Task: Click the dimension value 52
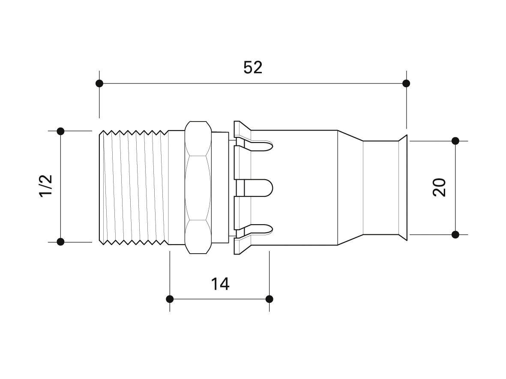tap(253, 68)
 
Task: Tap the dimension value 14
tap(220, 284)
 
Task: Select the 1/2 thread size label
tap(46, 186)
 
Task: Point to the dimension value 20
tap(439, 187)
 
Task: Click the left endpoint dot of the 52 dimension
tap(99, 83)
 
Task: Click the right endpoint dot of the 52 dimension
tap(406, 83)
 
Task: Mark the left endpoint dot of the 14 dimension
tap(170, 299)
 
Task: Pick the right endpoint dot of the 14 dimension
tap(269, 299)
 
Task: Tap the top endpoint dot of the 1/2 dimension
tap(60, 131)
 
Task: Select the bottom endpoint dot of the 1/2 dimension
tap(60, 242)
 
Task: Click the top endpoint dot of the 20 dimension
tap(455, 141)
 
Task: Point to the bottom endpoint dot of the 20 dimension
tap(455, 234)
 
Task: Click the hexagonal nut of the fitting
tap(198, 188)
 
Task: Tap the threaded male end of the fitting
tap(134, 187)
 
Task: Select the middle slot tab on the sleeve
tap(255, 188)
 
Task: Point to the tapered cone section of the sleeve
tap(350, 187)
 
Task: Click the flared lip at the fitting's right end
tap(403, 187)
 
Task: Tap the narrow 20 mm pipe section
tap(381, 187)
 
